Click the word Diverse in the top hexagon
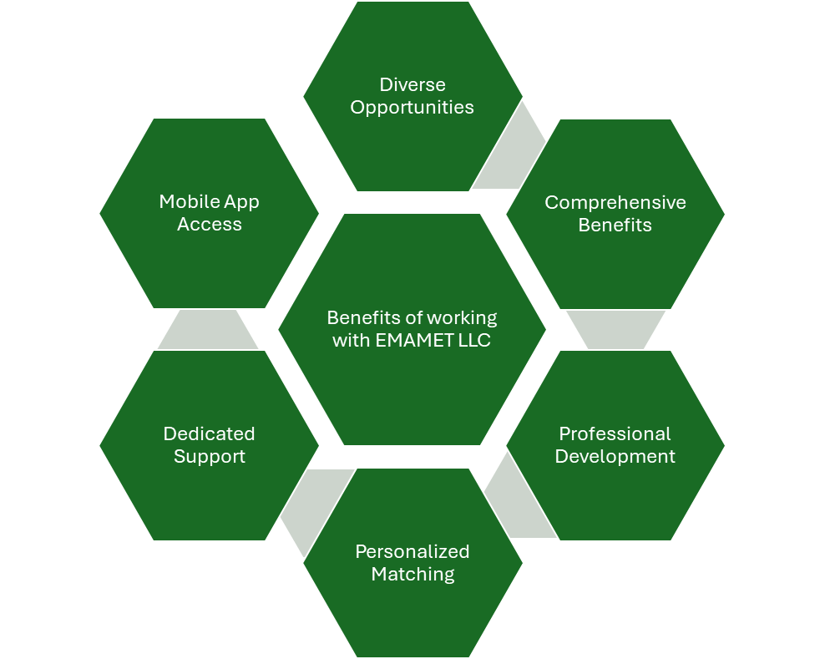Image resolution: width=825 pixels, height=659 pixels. (412, 84)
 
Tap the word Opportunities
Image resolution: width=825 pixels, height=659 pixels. (412, 108)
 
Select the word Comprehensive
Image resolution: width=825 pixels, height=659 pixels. (615, 202)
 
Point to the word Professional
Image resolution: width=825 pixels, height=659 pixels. (615, 433)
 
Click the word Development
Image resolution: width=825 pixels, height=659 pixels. (615, 457)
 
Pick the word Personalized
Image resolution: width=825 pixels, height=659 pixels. (412, 551)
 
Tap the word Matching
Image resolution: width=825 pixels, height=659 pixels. (412, 575)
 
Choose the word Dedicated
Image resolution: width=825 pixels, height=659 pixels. (209, 433)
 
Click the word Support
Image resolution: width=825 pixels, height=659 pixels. (209, 457)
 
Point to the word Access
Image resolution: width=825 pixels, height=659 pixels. (209, 225)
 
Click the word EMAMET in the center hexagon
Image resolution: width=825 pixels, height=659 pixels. (404, 341)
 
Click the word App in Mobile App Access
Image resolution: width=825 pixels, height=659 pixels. (239, 202)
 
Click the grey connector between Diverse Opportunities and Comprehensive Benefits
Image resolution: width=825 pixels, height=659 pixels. (511, 150)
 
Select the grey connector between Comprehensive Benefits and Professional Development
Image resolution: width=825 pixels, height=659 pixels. (615, 329)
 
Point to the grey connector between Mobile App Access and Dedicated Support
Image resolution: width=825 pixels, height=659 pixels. (209, 329)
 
